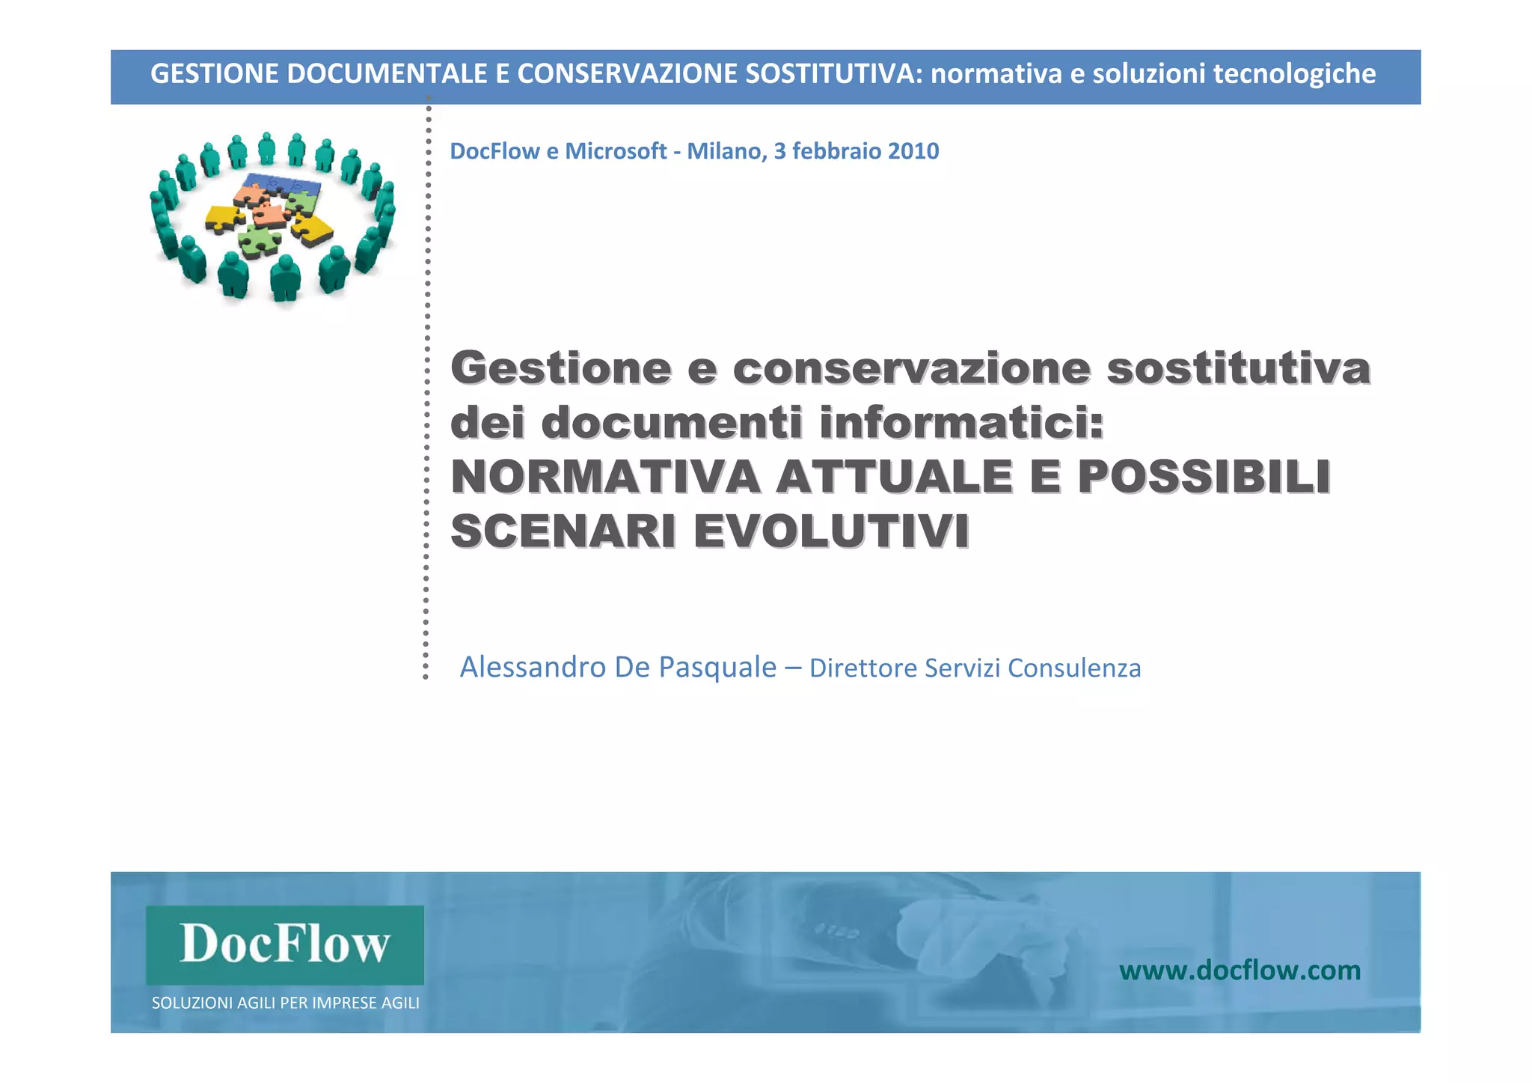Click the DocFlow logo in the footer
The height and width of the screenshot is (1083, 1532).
tap(284, 944)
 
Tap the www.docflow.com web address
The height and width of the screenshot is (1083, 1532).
tap(1240, 971)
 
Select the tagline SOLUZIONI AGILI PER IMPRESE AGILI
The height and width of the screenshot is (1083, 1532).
tap(285, 1003)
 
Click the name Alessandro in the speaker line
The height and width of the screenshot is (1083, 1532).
tap(532, 667)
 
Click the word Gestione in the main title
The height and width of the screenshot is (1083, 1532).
tap(561, 368)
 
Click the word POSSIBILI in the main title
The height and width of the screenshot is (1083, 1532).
tap(1204, 477)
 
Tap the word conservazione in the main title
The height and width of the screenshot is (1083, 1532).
tap(912, 368)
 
